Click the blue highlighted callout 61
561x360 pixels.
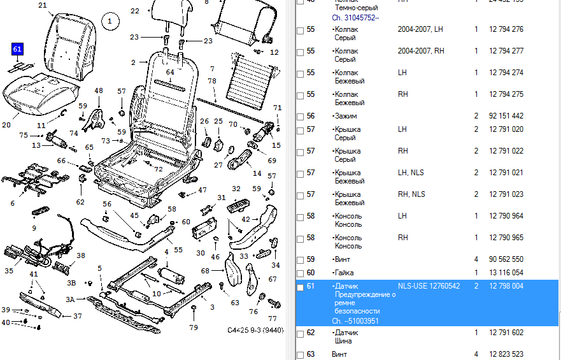point(17,48)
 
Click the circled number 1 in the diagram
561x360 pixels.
point(110,22)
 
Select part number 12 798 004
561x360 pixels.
point(506,286)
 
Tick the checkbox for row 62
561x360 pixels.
point(301,333)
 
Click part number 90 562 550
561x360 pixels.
point(506,259)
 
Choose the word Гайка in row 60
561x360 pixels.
point(343,273)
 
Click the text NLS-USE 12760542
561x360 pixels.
point(429,286)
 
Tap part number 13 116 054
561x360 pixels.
point(506,273)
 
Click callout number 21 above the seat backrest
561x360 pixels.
point(43,6)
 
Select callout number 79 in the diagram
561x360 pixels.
point(194,328)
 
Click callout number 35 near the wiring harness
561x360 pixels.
point(9,271)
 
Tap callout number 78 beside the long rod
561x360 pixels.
point(212,82)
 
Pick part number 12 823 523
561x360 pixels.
point(506,354)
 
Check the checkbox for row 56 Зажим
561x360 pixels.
point(301,117)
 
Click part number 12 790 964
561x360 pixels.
point(506,216)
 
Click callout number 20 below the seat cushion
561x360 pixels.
point(6,125)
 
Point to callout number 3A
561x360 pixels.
point(71,299)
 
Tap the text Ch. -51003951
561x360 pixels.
point(355,321)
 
